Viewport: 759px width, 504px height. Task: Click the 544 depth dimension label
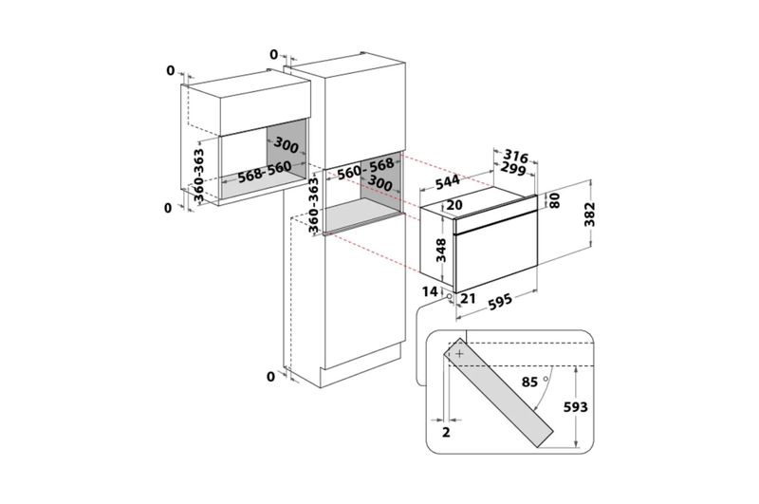[447, 182]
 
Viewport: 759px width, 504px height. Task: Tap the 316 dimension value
[515, 156]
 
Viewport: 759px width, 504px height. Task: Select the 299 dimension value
[512, 169]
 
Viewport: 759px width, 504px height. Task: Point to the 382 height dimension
[589, 214]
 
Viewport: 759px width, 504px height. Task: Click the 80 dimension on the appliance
[554, 200]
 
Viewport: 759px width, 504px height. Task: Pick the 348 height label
[441, 251]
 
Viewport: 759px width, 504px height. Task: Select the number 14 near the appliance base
[430, 291]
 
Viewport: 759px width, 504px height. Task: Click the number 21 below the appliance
[468, 298]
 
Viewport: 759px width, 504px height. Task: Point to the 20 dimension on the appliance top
[454, 205]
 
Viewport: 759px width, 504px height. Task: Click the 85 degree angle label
[529, 382]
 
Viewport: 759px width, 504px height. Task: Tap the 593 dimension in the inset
[576, 406]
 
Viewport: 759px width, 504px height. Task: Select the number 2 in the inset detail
[446, 432]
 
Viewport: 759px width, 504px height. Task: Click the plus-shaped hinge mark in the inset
[459, 354]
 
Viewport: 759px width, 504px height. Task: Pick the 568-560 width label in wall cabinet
[265, 172]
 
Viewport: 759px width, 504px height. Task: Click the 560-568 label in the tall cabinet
[366, 169]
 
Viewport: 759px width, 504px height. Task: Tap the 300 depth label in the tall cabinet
[380, 183]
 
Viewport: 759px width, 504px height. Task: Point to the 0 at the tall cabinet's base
[270, 376]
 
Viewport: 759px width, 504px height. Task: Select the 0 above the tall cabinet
[274, 55]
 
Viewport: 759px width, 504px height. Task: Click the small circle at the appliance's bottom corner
[449, 296]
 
